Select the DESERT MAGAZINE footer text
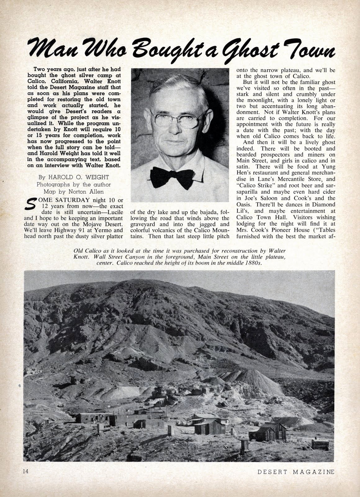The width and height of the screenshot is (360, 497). (296, 472)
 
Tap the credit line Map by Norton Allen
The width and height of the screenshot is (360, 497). (74, 191)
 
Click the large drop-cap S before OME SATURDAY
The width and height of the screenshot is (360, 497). (31, 203)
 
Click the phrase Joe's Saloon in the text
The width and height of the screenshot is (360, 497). (262, 198)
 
